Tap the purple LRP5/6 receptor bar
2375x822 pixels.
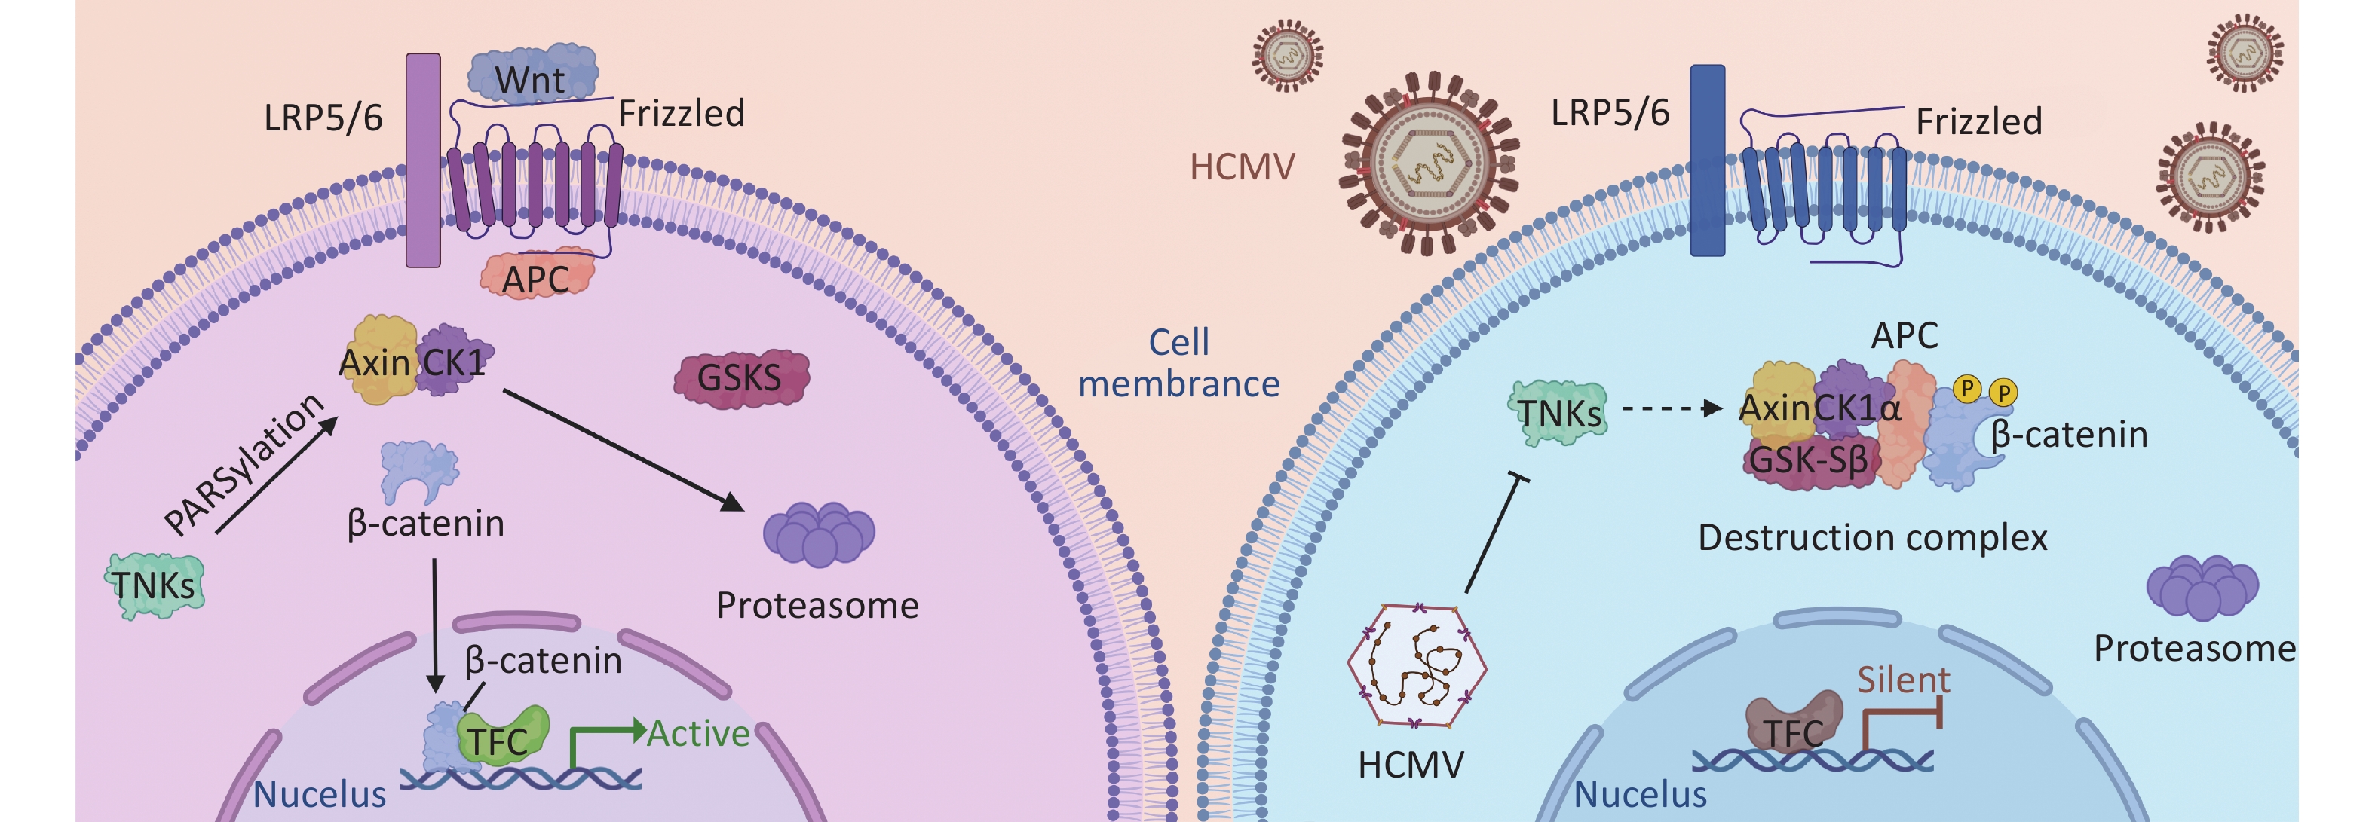tap(423, 160)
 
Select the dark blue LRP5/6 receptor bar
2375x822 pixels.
tap(1706, 160)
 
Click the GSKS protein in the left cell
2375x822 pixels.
tap(740, 377)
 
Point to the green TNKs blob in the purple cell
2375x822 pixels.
tap(154, 585)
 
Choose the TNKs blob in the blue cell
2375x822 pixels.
tap(1559, 414)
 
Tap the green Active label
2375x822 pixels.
tap(698, 734)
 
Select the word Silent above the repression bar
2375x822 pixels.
tap(1903, 680)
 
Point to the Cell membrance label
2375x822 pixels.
tap(1179, 363)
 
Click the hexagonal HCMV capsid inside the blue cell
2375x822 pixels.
tap(1416, 665)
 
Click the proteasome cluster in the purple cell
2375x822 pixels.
tap(819, 533)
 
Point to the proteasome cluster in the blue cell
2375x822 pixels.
tap(2202, 587)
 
